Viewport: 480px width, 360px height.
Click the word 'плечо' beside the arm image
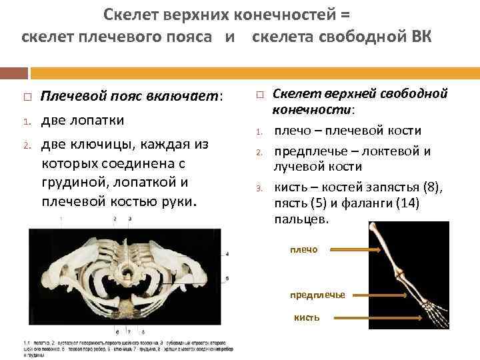pos(304,250)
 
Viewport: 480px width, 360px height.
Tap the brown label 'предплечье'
pos(317,295)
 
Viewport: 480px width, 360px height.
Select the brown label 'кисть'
pos(307,317)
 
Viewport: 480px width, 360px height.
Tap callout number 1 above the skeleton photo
pos(61,219)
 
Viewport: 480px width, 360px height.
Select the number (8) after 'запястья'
pos(429,188)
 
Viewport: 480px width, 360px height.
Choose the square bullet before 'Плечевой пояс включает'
pos(24,97)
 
